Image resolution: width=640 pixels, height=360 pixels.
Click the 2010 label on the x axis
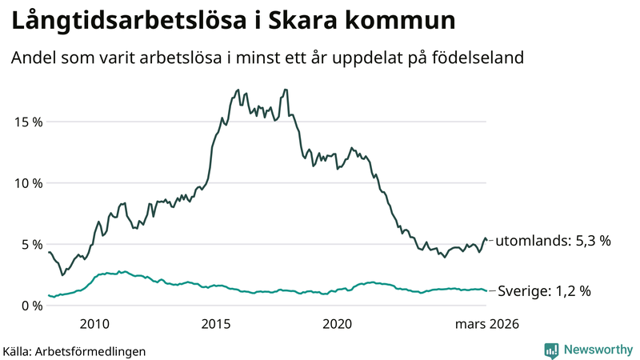coord(94,324)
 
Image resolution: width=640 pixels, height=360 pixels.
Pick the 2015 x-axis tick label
coord(216,324)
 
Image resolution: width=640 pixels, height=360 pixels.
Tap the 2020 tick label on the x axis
coord(338,324)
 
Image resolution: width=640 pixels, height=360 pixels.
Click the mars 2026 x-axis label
coord(487,324)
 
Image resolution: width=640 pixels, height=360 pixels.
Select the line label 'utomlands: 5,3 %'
coord(554,240)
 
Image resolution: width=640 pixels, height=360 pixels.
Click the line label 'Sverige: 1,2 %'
coord(544,291)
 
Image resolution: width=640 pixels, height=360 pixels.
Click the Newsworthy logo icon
coord(551,350)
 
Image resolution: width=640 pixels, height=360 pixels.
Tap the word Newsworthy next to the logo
coord(596,350)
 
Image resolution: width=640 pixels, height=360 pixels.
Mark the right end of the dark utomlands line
coord(486,240)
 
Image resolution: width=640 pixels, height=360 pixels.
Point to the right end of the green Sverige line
coord(486,290)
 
